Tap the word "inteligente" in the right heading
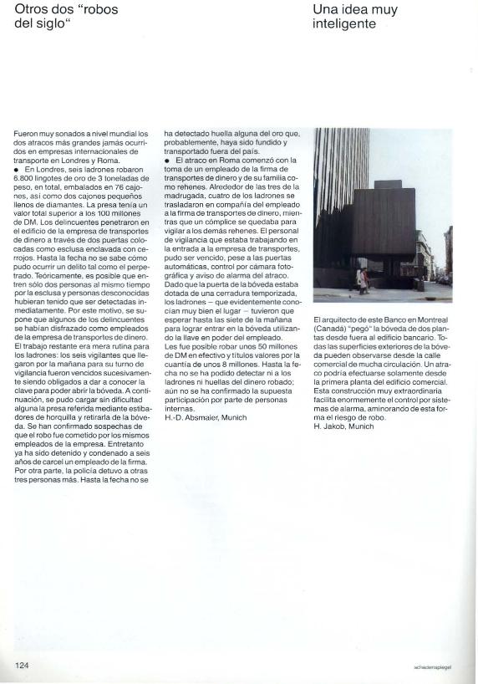(343, 24)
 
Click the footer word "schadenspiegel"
(432, 667)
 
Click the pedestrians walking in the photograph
(363, 279)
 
